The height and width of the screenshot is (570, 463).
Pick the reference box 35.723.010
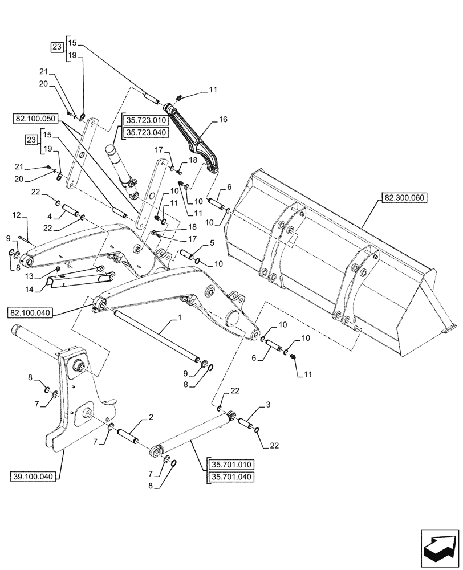(144, 120)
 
